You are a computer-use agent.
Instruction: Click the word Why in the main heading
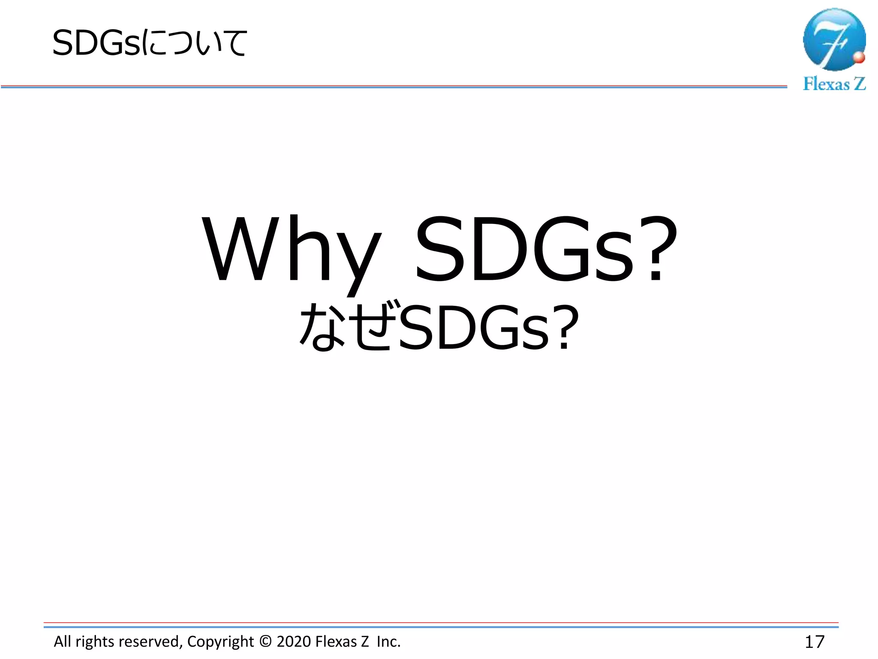292,251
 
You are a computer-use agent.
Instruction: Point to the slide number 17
815,642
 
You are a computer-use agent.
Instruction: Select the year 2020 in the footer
294,641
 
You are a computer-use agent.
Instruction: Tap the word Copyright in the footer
220,641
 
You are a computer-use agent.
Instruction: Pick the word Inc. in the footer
388,641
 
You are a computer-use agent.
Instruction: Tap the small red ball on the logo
859,57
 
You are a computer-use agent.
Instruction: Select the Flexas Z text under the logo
834,84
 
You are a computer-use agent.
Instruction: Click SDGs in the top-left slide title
96,43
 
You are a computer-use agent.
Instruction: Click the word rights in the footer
95,641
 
